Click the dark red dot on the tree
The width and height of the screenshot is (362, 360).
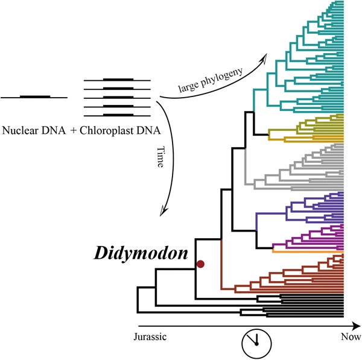[200, 264]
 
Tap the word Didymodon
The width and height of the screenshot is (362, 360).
[141, 254]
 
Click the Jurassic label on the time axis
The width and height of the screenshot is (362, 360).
[150, 336]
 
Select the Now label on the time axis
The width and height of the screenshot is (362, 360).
[351, 336]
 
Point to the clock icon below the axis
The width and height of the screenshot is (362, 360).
[256, 344]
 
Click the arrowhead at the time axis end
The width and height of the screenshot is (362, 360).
[356, 326]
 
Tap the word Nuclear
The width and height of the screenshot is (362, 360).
[20, 131]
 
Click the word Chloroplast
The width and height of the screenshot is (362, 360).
[106, 131]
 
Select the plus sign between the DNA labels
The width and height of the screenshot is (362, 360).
[74, 131]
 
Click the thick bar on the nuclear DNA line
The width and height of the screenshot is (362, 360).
[35, 96]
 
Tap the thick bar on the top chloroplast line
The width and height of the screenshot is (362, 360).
[118, 80]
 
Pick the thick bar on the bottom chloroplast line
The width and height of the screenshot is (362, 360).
[118, 115]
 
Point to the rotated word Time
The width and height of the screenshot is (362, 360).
[160, 157]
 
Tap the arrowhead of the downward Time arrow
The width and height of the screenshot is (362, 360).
[164, 210]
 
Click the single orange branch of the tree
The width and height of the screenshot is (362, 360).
[308, 251]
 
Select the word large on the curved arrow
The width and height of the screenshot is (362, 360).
[188, 87]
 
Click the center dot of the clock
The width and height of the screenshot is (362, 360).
[256, 344]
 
